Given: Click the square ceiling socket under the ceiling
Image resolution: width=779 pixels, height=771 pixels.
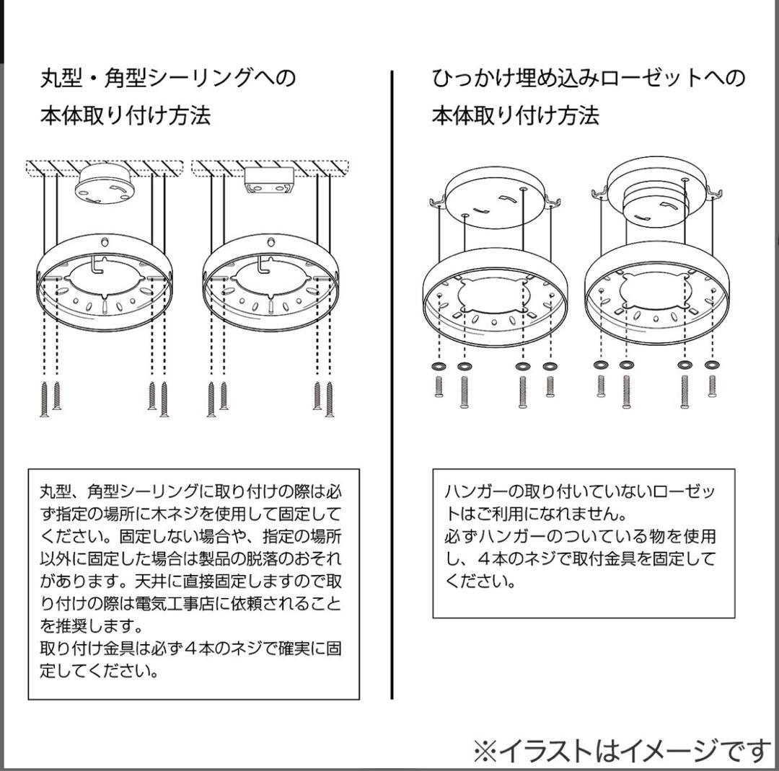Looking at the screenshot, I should [268, 182].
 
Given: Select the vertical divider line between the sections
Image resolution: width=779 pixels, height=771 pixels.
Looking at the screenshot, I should [392, 382].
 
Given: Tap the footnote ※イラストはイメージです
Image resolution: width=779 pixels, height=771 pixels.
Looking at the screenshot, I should [622, 752].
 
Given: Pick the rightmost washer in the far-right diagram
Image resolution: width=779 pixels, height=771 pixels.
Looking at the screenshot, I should [712, 366].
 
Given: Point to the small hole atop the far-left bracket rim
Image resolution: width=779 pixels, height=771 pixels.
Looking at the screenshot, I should [105, 243].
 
